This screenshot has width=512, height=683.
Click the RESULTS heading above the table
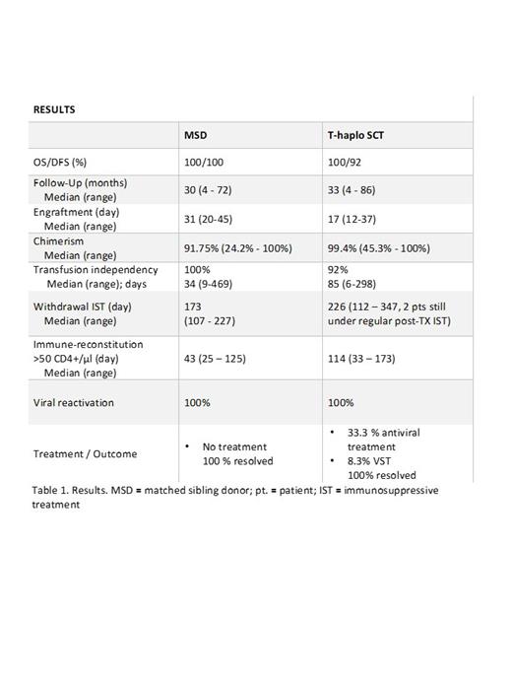click(x=54, y=109)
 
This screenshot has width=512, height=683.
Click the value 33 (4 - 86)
click(x=353, y=189)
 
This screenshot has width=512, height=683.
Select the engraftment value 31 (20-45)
click(x=212, y=218)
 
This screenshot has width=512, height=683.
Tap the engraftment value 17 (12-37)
click(x=353, y=218)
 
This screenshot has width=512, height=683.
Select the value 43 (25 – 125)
click(x=218, y=355)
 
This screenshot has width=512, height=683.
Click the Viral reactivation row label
click(x=73, y=402)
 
